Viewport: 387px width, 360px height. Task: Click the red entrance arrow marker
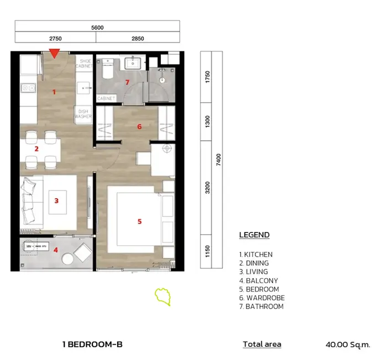pos(54,54)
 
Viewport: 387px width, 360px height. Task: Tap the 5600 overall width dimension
pos(97,28)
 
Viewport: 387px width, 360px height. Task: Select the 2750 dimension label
pos(55,39)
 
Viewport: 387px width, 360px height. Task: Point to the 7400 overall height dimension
pos(218,160)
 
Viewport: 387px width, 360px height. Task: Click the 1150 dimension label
pos(207,251)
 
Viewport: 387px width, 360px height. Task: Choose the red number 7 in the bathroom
pos(127,82)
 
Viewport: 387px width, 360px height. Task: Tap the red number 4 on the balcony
pos(56,250)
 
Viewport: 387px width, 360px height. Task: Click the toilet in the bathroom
pos(108,68)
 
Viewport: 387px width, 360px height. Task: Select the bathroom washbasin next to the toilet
pos(133,63)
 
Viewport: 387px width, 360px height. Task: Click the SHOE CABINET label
pos(85,63)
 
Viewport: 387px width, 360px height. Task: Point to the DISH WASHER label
pos(83,114)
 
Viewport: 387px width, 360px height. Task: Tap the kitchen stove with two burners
pos(28,88)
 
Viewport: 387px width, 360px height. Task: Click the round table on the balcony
pos(67,259)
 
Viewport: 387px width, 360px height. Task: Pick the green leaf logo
pos(163,297)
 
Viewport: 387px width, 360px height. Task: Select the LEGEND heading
pos(254,235)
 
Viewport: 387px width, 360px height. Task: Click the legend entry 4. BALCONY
pos(258,280)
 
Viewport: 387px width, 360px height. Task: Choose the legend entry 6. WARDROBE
pos(262,298)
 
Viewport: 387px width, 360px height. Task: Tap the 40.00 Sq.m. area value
pos(348,345)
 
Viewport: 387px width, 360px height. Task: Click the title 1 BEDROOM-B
pos(92,344)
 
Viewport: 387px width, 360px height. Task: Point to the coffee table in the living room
pos(57,202)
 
